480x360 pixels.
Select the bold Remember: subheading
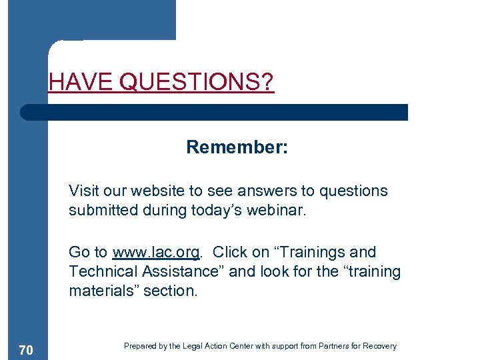pyautogui.click(x=237, y=147)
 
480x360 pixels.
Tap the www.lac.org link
pyautogui.click(x=157, y=253)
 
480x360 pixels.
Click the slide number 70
pyautogui.click(x=27, y=350)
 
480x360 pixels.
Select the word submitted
pyautogui.click(x=99, y=211)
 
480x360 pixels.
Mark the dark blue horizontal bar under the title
pyautogui.click(x=213, y=112)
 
